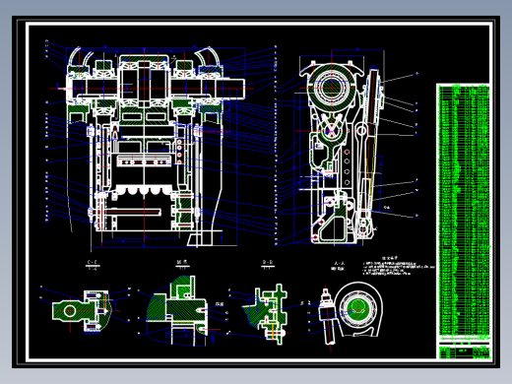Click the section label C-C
pyautogui.click(x=93, y=263)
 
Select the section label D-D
pyautogui.click(x=267, y=263)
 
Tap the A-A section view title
pyautogui.click(x=339, y=264)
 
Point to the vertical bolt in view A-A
pyautogui.click(x=326, y=315)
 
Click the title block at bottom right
pyautogui.click(x=463, y=351)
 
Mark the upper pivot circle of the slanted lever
pyautogui.click(x=361, y=131)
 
